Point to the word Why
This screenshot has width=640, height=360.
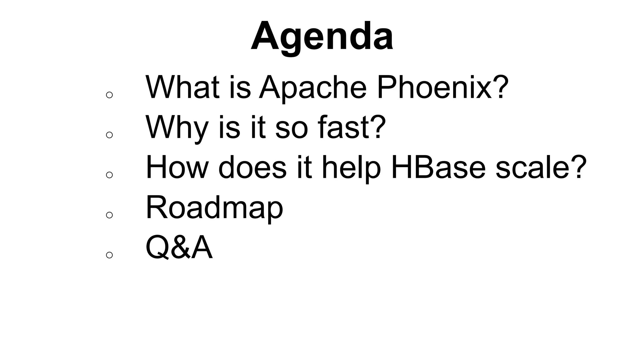177,128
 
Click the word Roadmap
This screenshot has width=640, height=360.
214,208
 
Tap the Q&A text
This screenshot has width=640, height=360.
179,248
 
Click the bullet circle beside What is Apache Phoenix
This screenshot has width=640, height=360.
109,95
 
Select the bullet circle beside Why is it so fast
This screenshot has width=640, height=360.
109,135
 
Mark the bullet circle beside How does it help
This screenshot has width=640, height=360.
109,175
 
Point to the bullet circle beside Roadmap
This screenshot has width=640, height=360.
109,215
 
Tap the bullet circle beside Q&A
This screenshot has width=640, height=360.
109,255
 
